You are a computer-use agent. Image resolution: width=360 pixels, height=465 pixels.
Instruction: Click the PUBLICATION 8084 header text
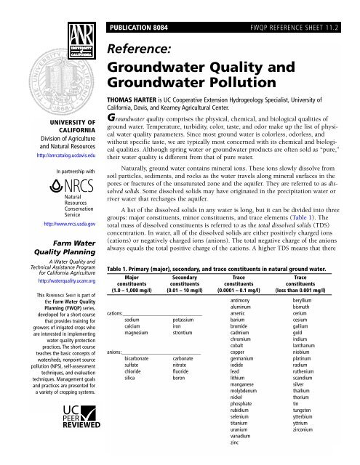click(145, 9)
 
